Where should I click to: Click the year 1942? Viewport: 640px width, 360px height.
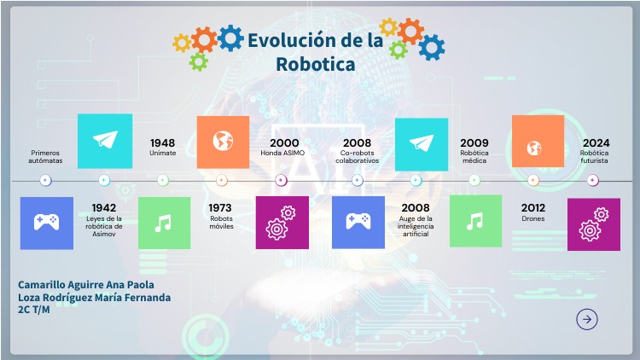tap(104, 207)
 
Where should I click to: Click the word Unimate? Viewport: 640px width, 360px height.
tap(163, 153)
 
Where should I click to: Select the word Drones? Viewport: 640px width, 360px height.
tap(533, 218)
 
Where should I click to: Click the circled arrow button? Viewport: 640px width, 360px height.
tap(587, 319)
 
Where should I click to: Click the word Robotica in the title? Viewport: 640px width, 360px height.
tap(315, 64)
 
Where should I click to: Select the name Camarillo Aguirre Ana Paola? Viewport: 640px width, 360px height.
tap(88, 284)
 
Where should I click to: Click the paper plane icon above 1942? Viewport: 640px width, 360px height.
tap(105, 141)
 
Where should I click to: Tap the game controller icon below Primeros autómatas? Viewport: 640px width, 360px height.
tap(46, 222)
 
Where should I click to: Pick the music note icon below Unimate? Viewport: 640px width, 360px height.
tap(163, 222)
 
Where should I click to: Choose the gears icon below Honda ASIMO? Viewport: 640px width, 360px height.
tap(282, 222)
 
